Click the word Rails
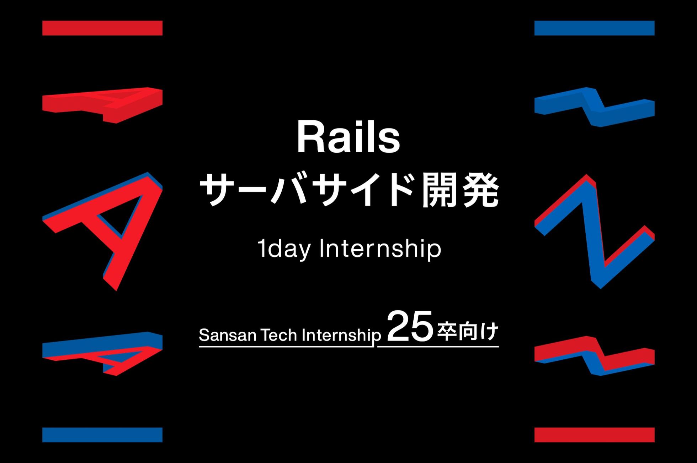[x=348, y=138]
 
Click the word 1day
[x=283, y=250]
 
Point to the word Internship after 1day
[x=380, y=249]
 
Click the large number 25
[x=410, y=326]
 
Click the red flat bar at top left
[x=102, y=28]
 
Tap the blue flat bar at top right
[x=594, y=28]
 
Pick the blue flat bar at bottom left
[x=102, y=435]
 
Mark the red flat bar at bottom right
[x=594, y=435]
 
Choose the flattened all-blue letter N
[x=595, y=107]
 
